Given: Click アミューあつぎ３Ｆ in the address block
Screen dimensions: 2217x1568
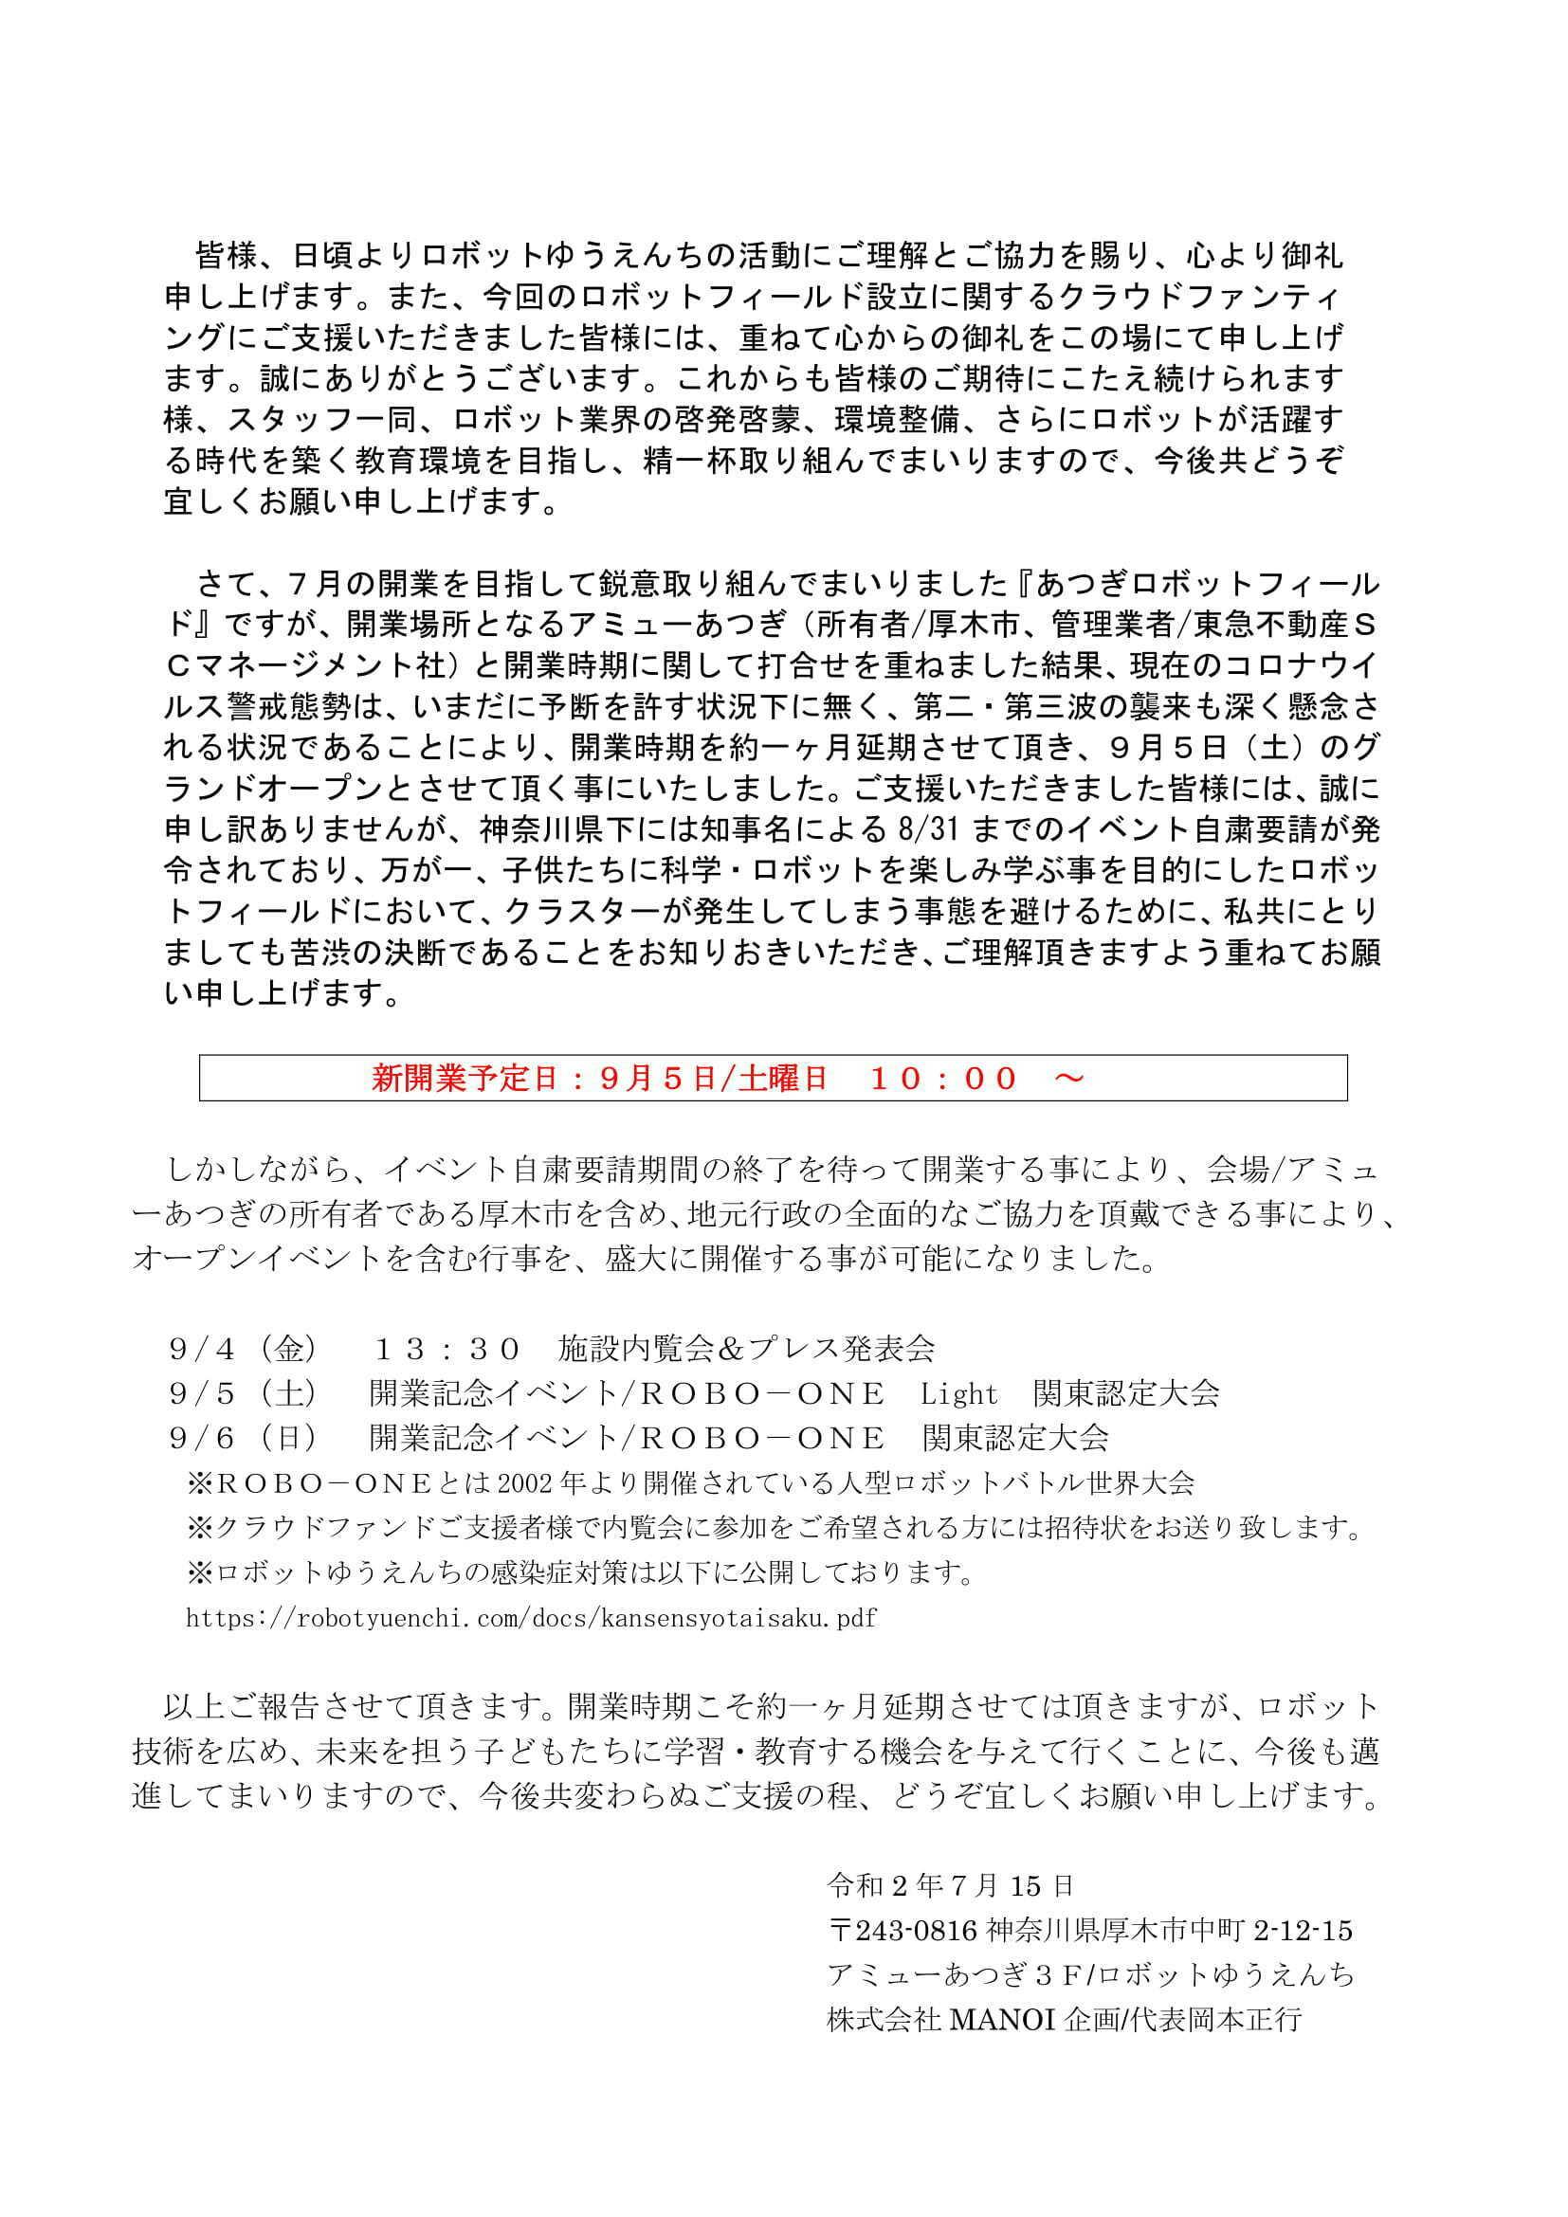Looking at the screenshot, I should point(952,1974).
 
